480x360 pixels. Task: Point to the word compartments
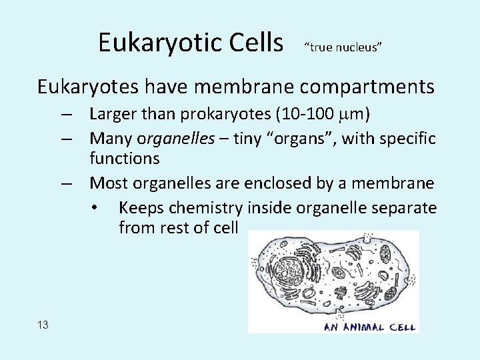[x=363, y=87]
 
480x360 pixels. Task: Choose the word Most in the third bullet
[x=108, y=183]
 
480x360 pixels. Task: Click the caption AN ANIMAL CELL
[x=370, y=327]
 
